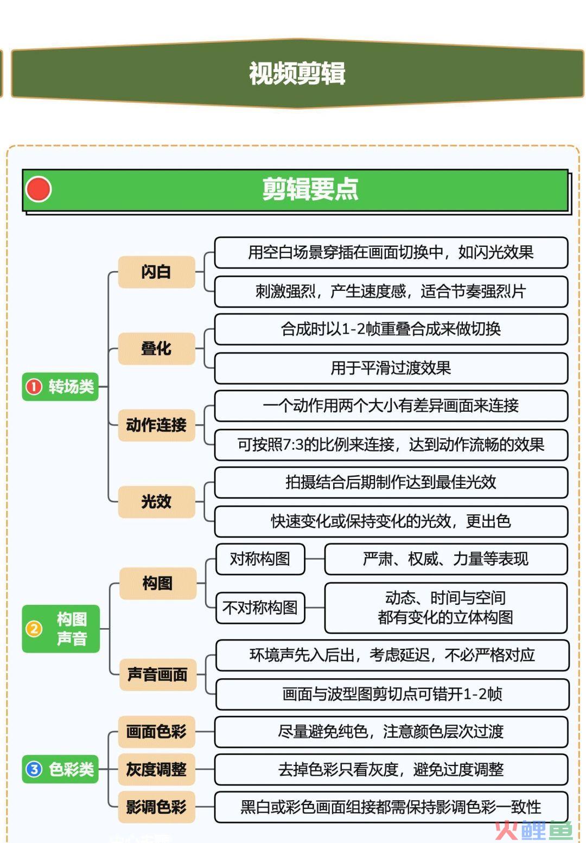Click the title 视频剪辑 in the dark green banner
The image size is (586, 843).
(297, 73)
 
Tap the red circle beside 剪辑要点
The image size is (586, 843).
(39, 189)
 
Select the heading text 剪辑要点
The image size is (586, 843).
(310, 189)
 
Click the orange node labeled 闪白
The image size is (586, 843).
(157, 272)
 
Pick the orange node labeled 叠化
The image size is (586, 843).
(157, 348)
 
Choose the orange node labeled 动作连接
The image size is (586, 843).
(157, 425)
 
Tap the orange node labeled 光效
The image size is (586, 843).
(157, 502)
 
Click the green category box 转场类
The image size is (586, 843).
(60, 386)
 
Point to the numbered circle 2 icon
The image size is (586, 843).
(34, 629)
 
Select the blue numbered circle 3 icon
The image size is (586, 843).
(34, 769)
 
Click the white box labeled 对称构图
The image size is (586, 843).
(260, 559)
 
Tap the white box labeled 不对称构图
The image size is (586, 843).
(260, 608)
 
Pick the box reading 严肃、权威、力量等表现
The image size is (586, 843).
(446, 559)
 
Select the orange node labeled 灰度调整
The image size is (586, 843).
(157, 769)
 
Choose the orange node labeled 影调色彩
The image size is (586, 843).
(157, 807)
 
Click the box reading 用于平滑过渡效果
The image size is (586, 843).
(391, 368)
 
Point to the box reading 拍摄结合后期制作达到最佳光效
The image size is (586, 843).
(391, 482)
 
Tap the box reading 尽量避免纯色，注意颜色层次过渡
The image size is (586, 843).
(391, 732)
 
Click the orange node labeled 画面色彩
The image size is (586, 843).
(157, 732)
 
